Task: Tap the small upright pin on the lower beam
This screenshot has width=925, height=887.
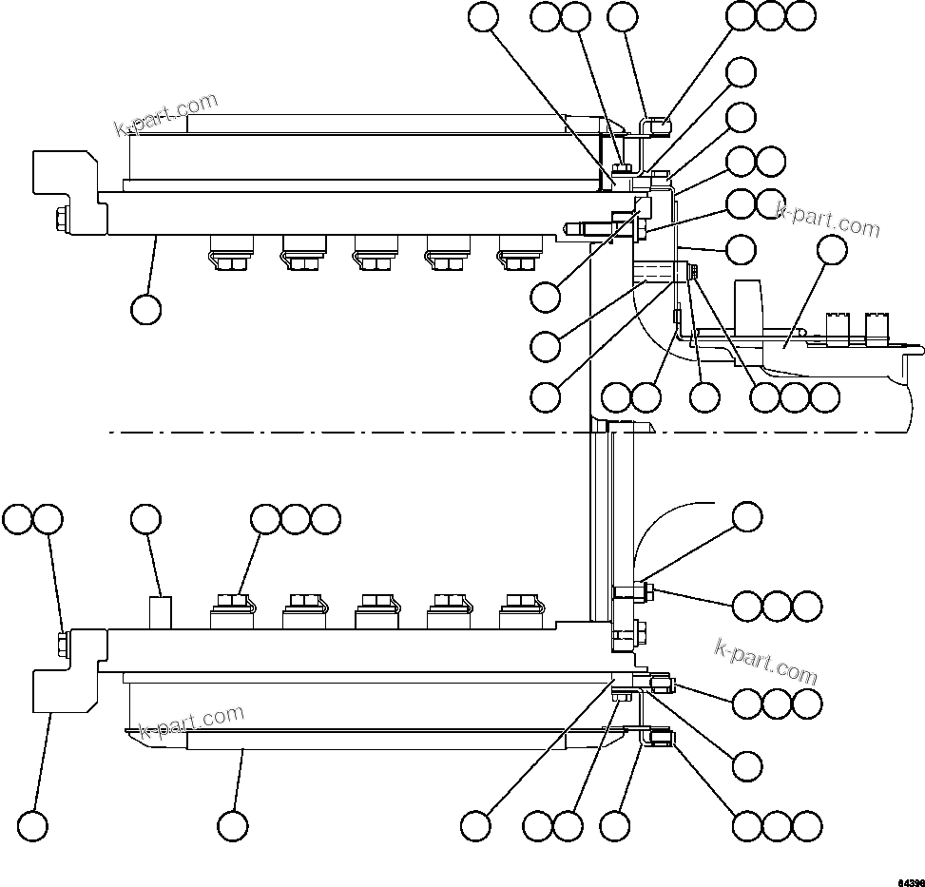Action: point(162,610)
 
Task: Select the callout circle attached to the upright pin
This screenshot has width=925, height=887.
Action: point(145,519)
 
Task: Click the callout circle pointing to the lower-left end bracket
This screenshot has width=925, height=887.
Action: point(33,825)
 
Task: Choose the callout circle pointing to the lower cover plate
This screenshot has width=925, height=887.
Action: point(233,825)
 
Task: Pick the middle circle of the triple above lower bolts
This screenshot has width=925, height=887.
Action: point(296,519)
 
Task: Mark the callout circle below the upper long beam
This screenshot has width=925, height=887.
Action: point(145,309)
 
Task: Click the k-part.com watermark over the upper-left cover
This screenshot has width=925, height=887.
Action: point(166,114)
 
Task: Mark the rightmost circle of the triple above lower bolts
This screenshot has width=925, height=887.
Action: point(325,519)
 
